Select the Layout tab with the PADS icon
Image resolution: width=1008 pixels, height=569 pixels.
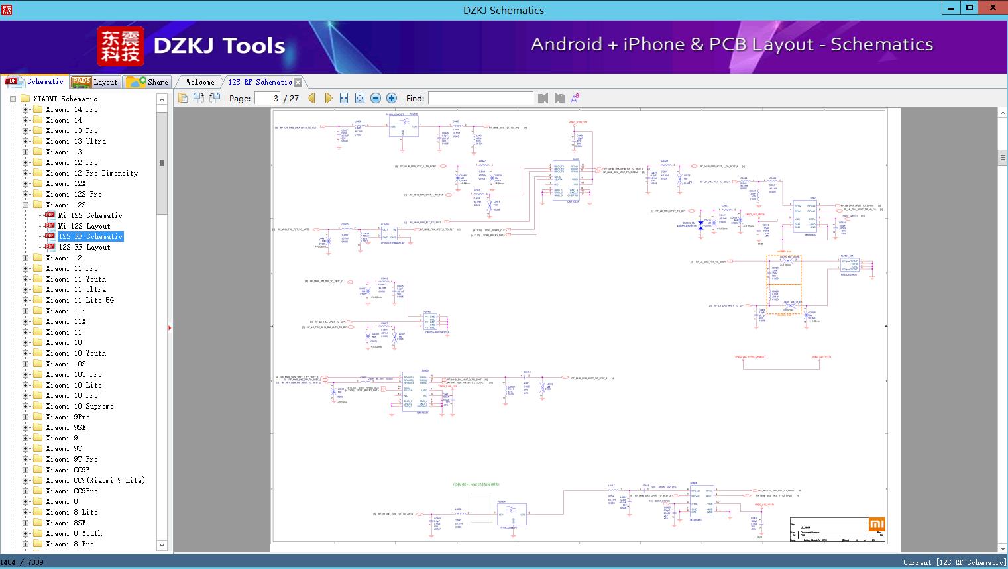[x=95, y=82]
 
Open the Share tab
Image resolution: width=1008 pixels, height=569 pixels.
[x=148, y=82]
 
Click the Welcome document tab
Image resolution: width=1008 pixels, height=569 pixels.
[x=199, y=82]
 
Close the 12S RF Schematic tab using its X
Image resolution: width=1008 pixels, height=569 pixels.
[x=298, y=82]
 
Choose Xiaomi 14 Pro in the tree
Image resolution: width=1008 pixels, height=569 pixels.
[x=72, y=109]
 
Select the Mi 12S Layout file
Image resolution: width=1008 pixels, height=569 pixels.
[x=84, y=226]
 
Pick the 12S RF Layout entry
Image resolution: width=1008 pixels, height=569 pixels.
[x=84, y=247]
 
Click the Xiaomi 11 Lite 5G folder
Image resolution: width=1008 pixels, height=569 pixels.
[x=80, y=300]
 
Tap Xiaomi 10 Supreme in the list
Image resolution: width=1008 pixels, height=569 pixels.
[x=80, y=406]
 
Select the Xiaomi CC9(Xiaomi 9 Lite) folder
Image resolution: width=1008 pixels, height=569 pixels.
[x=95, y=480]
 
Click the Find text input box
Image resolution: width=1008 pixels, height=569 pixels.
[x=480, y=98]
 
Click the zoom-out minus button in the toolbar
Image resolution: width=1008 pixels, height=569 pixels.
[x=376, y=98]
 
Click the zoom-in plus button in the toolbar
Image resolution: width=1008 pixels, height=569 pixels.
[x=392, y=98]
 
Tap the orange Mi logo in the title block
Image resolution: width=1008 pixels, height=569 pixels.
[x=877, y=525]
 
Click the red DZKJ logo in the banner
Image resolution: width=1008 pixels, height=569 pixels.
[x=121, y=46]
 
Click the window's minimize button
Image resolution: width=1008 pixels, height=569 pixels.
[x=951, y=8]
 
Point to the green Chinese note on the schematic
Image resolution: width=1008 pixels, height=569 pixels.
[x=476, y=485]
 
